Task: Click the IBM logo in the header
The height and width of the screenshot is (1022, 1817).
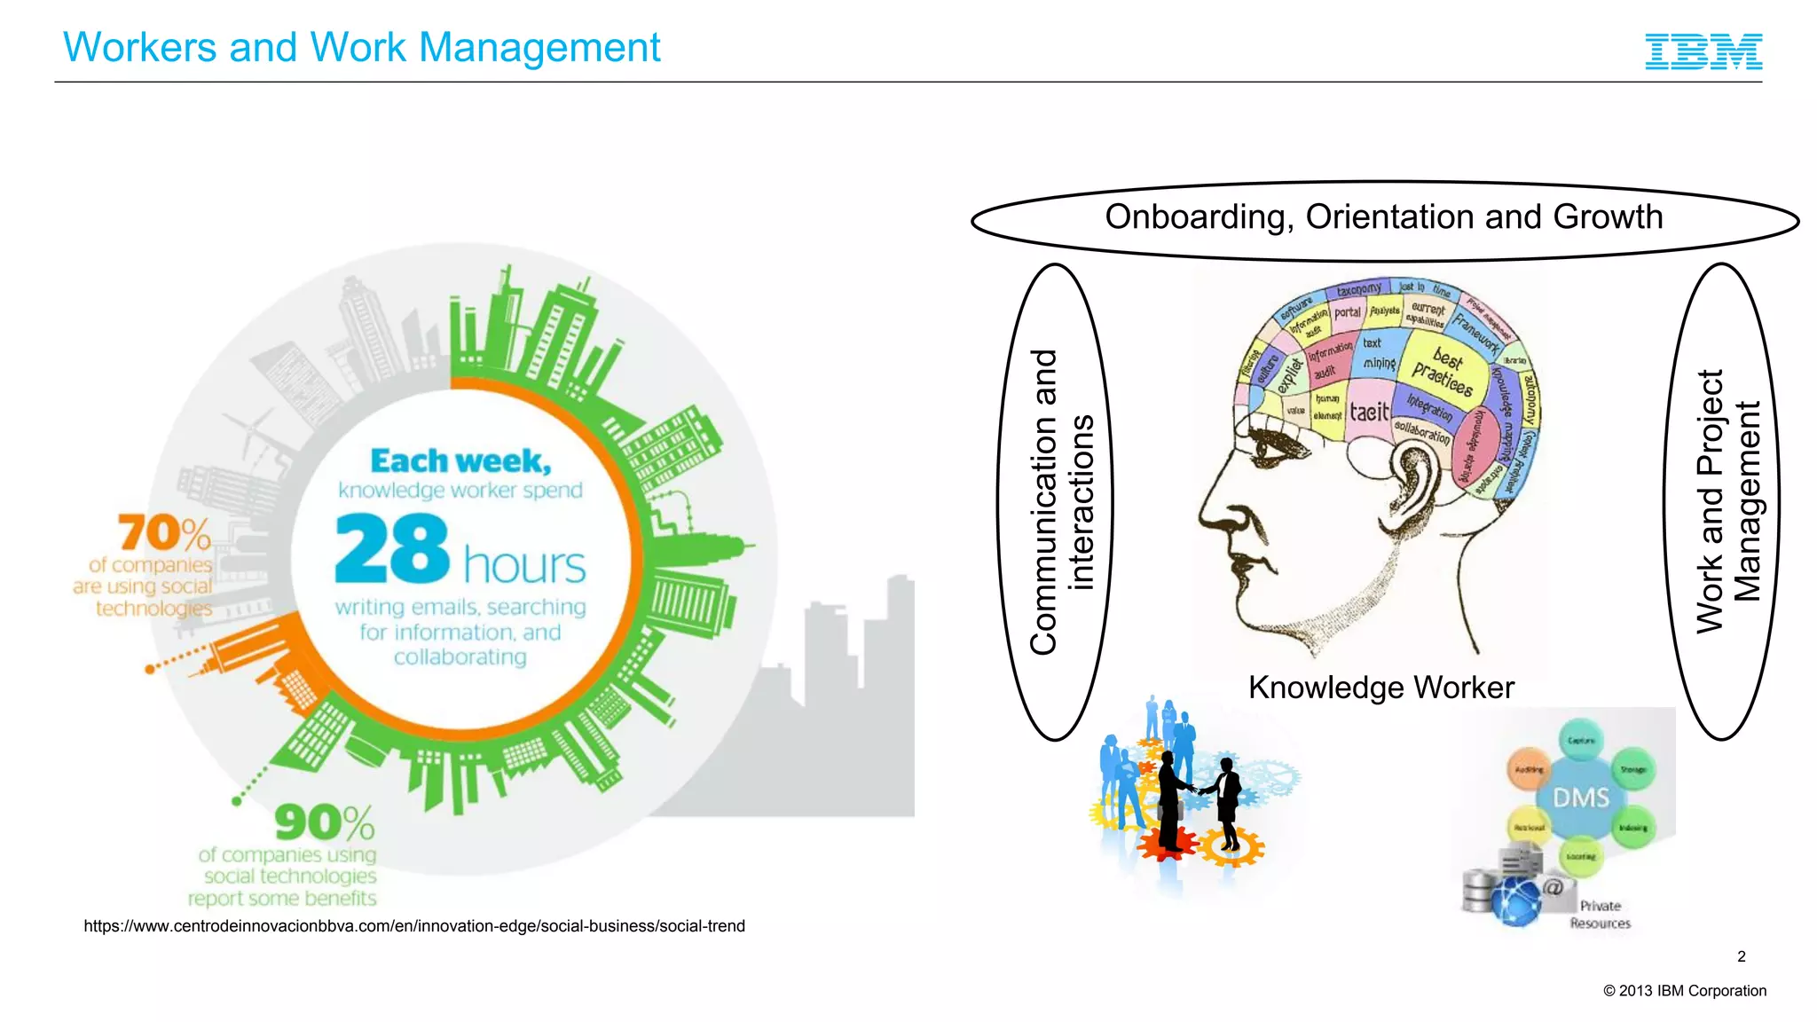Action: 1703,51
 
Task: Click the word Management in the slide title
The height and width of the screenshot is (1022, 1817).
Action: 539,48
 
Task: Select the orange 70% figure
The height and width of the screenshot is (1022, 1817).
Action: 165,533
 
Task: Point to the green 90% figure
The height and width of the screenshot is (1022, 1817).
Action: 324,822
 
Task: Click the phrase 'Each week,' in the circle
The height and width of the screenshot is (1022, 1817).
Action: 460,461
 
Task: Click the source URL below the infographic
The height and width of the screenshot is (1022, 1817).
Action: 414,926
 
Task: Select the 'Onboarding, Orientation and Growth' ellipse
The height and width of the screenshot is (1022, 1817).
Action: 1384,218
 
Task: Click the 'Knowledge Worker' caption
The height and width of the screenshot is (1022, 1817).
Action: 1380,688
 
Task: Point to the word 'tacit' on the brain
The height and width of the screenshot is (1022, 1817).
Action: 1369,412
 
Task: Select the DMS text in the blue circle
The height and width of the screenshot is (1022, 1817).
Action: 1581,798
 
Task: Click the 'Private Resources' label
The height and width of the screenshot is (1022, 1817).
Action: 1601,915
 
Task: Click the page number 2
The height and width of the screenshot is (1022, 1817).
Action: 1742,956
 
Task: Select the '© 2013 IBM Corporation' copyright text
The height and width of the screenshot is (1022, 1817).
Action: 1685,991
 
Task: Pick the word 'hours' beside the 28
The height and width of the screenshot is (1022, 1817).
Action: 524,565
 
